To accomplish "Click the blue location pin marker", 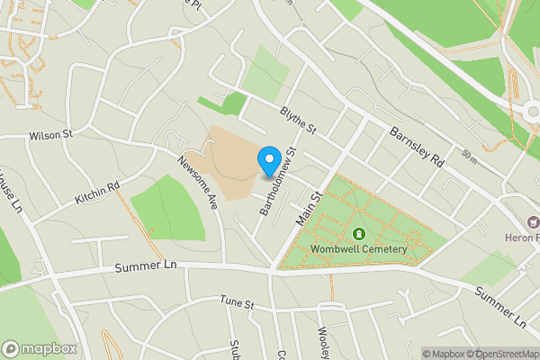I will [x=268, y=161].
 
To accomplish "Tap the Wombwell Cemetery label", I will [x=359, y=249].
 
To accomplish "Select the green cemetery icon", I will [x=359, y=233].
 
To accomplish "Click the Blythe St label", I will [x=298, y=122].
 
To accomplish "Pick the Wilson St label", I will [x=50, y=136].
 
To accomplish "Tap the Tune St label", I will [x=232, y=305].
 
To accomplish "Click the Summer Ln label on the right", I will [x=499, y=307].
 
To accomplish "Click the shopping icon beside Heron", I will [x=533, y=222].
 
